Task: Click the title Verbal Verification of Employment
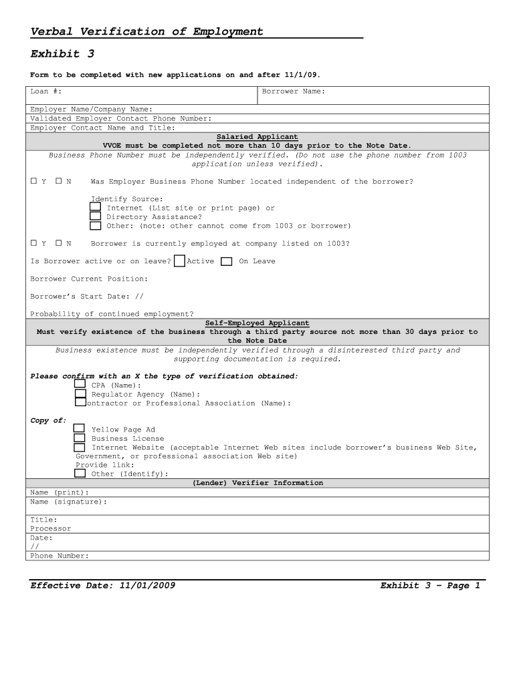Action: click(x=147, y=31)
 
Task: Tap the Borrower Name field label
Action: click(x=293, y=92)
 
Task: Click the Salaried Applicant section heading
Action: click(x=257, y=137)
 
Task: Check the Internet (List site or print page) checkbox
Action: click(x=96, y=208)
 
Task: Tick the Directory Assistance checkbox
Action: click(x=96, y=216)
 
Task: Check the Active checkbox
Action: click(x=179, y=261)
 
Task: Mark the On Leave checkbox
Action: click(x=227, y=262)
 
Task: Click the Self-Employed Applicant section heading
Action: click(x=257, y=323)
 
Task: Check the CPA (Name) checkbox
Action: click(x=80, y=385)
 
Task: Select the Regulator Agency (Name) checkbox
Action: click(x=80, y=394)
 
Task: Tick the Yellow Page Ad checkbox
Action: click(x=79, y=429)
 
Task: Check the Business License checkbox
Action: click(x=79, y=438)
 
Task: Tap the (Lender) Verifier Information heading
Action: click(x=257, y=483)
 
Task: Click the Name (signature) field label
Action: click(x=68, y=502)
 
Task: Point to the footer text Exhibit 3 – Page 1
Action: click(x=430, y=586)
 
